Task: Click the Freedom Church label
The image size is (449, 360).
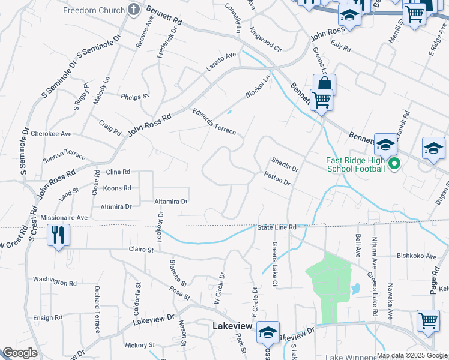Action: point(93,10)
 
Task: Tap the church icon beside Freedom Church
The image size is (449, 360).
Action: point(133,10)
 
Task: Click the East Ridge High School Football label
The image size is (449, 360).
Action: point(355,164)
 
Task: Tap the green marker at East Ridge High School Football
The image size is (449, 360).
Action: point(394,163)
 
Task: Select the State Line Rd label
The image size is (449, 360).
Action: point(277,227)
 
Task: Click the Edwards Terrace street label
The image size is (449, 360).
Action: point(214,121)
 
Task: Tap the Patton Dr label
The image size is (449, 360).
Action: point(277,178)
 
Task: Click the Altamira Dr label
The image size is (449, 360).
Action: point(171,202)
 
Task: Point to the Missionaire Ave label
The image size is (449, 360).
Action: point(64,218)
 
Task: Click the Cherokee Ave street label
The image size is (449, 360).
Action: point(52,134)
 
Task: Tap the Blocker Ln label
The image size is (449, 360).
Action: point(258,87)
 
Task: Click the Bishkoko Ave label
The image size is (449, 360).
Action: point(416,256)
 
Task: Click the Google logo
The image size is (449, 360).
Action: point(20,353)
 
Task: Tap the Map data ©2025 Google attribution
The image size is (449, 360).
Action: point(412,355)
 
